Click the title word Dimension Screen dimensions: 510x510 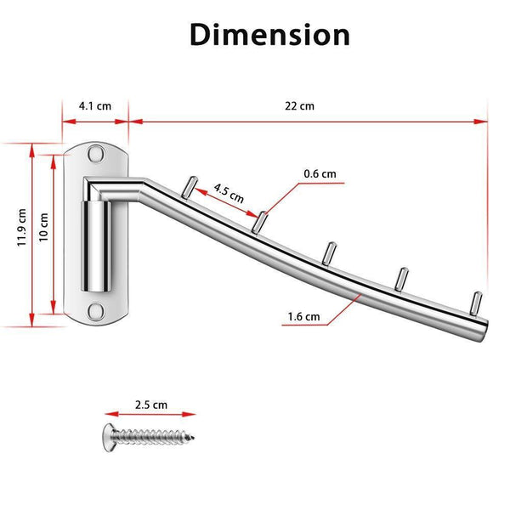(269, 35)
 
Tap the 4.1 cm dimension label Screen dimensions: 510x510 (95, 106)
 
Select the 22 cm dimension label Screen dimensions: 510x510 (299, 106)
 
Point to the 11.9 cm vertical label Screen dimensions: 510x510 (22, 227)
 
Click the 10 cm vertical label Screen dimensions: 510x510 (43, 227)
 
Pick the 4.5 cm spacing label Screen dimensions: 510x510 (229, 193)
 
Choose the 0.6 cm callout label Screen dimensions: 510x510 (320, 173)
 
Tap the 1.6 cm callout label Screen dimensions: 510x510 (303, 316)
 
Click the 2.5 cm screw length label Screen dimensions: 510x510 (151, 405)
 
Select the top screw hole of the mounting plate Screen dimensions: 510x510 (96, 154)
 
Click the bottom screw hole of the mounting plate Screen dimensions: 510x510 (96, 311)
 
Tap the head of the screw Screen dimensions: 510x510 (109, 438)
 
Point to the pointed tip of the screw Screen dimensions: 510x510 (193, 438)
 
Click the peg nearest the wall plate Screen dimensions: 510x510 (190, 187)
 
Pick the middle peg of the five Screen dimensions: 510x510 (329, 253)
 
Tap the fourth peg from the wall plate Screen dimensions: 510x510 (402, 279)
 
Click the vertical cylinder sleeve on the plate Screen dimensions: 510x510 (96, 246)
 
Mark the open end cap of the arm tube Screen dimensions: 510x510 (483, 330)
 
